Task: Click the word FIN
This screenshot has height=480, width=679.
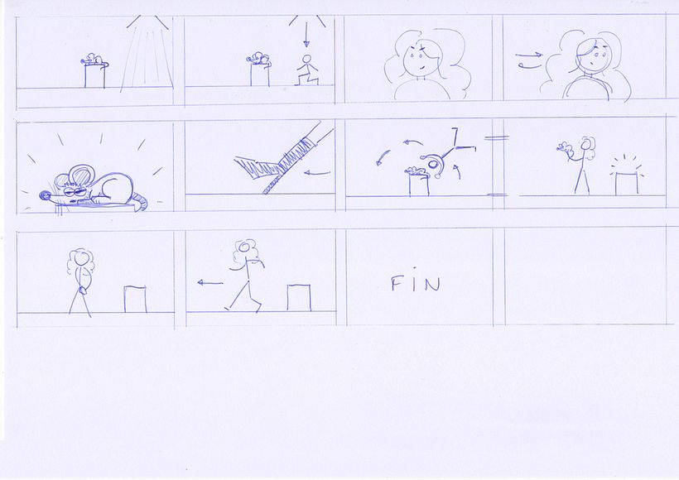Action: [x=416, y=283]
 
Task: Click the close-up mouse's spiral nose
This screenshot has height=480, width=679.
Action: [x=45, y=196]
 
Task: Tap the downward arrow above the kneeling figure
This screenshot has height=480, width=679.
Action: [x=306, y=34]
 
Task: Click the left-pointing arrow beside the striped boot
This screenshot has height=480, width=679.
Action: [x=317, y=173]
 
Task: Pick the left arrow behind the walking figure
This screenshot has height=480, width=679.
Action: [x=210, y=283]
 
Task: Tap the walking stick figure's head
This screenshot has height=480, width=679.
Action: [x=244, y=247]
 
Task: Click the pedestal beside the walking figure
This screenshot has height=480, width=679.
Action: [x=299, y=298]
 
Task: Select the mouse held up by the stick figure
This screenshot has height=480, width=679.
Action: [x=563, y=148]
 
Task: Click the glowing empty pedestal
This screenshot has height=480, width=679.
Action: [x=627, y=183]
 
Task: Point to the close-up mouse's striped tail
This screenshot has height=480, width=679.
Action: [x=139, y=203]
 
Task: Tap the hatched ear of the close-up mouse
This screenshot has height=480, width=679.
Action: [x=80, y=175]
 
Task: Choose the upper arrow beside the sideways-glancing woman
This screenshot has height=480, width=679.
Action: [x=529, y=55]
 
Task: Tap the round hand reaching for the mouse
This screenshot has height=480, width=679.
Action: [x=433, y=164]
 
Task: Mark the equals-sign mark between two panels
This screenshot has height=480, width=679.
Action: [x=496, y=138]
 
